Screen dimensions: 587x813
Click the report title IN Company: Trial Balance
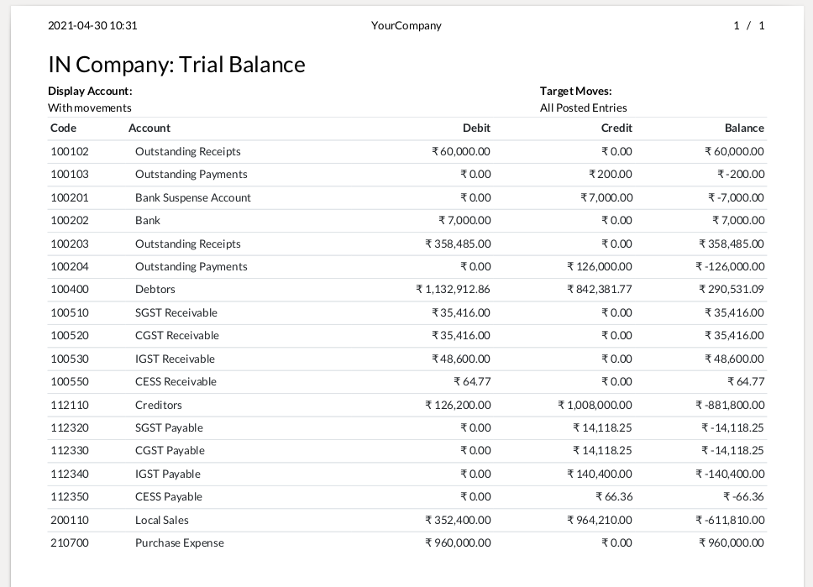176,65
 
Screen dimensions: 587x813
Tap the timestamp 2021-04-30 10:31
92,25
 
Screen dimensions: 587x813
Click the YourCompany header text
406,25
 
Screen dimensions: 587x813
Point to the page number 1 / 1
749,25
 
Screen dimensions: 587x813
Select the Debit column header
476,128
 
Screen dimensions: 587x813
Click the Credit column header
616,128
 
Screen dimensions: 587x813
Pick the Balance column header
744,128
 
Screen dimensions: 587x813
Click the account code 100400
70,289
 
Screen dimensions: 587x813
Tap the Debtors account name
155,289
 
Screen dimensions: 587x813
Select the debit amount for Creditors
458,405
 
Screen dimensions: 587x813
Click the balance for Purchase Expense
732,542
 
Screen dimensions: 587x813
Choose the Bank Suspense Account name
193,197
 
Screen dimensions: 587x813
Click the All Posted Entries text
583,107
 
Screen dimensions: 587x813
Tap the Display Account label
90,91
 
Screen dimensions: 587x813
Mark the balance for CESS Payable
742,496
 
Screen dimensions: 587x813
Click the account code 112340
70,474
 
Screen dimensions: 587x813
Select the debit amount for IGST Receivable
461,359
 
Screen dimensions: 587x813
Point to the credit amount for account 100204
600,266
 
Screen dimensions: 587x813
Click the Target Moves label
575,91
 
